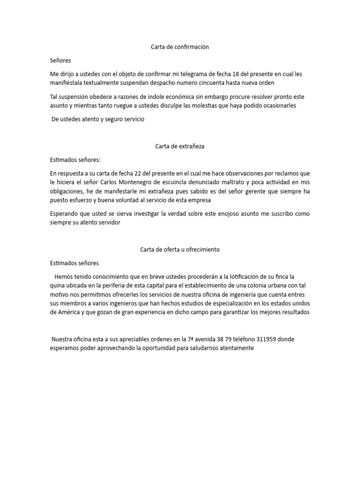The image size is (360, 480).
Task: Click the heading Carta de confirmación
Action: [x=180, y=47]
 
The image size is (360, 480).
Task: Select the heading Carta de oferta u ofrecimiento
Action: [x=180, y=249]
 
